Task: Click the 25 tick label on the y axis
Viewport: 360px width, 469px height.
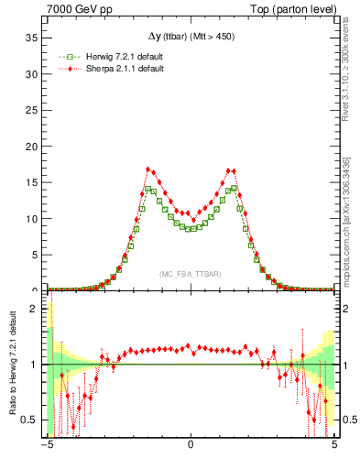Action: coord(34,110)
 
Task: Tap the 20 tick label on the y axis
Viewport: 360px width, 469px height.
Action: coord(34,146)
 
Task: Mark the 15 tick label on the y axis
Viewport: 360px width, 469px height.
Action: coord(34,182)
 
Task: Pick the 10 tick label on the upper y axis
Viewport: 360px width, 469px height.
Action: coord(34,218)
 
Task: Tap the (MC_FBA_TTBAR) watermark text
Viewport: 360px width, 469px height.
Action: coord(191,274)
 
